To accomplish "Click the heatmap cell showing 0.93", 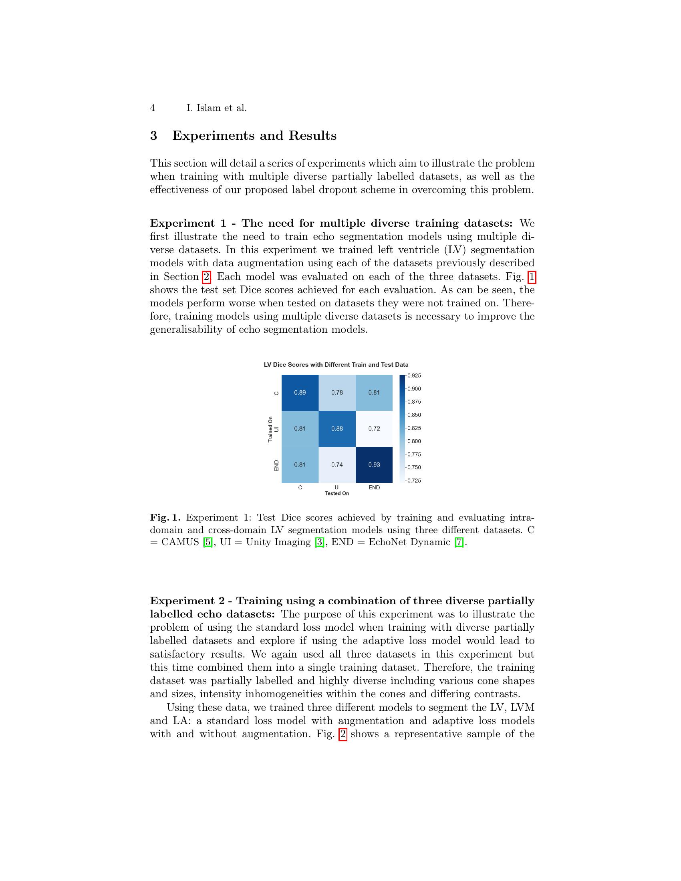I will pyautogui.click(x=374, y=464).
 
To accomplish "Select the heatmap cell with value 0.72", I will pyautogui.click(x=374, y=428).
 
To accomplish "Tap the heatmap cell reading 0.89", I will pyautogui.click(x=300, y=392).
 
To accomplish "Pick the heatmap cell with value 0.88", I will pyautogui.click(x=337, y=428).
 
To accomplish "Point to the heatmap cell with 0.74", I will pyautogui.click(x=337, y=464).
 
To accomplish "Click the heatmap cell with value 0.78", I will pyautogui.click(x=337, y=392).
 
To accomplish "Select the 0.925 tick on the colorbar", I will pyautogui.click(x=413, y=376).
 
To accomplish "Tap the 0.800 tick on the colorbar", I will pyautogui.click(x=413, y=441).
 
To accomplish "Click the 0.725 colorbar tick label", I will pyautogui.click(x=413, y=481).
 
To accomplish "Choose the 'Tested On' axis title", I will pyautogui.click(x=337, y=493).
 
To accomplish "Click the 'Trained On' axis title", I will pyautogui.click(x=270, y=429).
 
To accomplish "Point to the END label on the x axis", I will pyautogui.click(x=374, y=487).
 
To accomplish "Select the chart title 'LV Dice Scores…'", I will pyautogui.click(x=336, y=365).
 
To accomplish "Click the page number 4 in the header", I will pyautogui.click(x=153, y=108).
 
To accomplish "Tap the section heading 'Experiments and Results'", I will pyautogui.click(x=254, y=135).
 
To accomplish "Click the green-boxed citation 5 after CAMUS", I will pyautogui.click(x=208, y=542).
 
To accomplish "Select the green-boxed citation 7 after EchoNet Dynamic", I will pyautogui.click(x=459, y=542).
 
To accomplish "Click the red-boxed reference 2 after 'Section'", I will pyautogui.click(x=206, y=277).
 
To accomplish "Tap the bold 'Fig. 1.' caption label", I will pyautogui.click(x=165, y=517).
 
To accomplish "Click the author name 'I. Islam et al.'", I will pyautogui.click(x=216, y=108).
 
